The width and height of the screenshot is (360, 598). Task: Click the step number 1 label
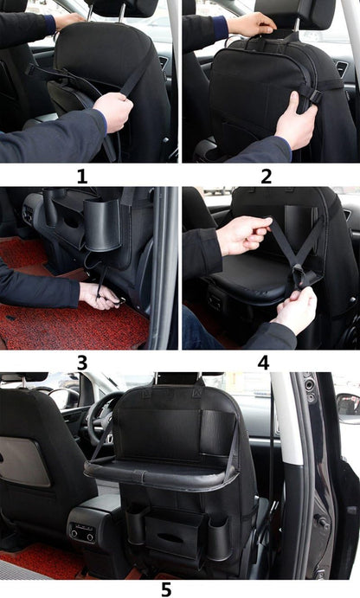click(x=82, y=177)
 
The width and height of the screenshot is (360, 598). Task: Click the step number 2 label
click(x=267, y=177)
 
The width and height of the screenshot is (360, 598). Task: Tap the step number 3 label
click(x=82, y=363)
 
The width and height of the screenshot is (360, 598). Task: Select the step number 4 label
click(x=264, y=363)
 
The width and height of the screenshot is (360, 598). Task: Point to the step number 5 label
click(x=166, y=589)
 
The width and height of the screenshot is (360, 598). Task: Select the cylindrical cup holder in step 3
click(x=102, y=225)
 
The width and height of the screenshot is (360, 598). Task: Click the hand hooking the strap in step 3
click(x=100, y=296)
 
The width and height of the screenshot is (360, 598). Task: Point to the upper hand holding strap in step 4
click(x=243, y=235)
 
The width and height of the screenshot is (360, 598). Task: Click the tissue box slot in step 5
click(x=170, y=538)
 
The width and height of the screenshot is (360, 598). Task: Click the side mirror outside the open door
click(x=348, y=408)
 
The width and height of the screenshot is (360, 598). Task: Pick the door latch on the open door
click(x=321, y=522)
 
